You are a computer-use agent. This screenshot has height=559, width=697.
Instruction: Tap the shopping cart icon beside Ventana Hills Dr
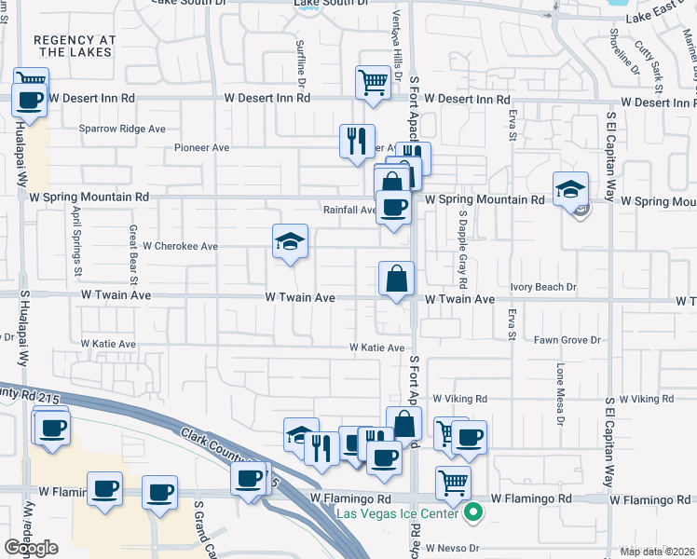[373, 81]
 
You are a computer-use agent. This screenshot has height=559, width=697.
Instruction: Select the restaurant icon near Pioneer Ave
[357, 142]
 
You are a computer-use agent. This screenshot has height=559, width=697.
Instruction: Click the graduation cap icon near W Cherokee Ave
[290, 241]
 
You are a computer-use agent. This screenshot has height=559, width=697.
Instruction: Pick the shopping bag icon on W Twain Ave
[397, 278]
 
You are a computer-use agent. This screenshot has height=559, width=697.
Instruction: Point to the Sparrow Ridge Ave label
[122, 129]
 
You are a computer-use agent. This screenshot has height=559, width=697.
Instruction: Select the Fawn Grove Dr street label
[567, 340]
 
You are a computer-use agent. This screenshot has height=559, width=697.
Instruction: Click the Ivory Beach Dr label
[544, 288]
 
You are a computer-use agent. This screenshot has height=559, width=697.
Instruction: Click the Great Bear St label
[133, 253]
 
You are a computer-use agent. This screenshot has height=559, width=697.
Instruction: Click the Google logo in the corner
[32, 548]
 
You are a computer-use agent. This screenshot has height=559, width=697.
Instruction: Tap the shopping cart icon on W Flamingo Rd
[452, 483]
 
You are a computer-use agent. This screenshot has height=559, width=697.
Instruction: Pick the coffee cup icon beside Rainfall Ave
[393, 208]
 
